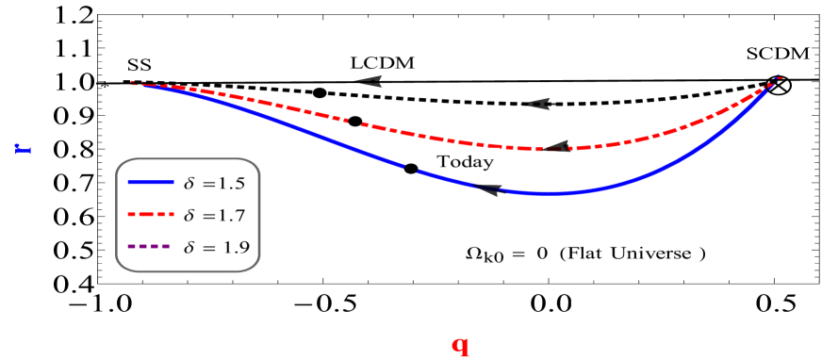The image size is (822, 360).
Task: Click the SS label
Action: pyautogui.click(x=140, y=64)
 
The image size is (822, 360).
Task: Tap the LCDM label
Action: pyautogui.click(x=385, y=63)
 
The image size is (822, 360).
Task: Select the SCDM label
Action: pyautogui.click(x=779, y=54)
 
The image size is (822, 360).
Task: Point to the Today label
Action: pyautogui.click(x=465, y=162)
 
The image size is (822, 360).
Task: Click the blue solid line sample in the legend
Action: pyautogui.click(x=148, y=181)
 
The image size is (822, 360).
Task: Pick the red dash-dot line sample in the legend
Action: pyautogui.click(x=148, y=215)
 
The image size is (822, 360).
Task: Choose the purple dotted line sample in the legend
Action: pyautogui.click(x=148, y=247)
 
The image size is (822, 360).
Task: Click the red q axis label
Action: pyautogui.click(x=460, y=345)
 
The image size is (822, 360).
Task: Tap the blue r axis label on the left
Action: pyautogui.click(x=23, y=148)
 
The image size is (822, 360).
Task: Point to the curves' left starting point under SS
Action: pyautogui.click(x=133, y=83)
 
